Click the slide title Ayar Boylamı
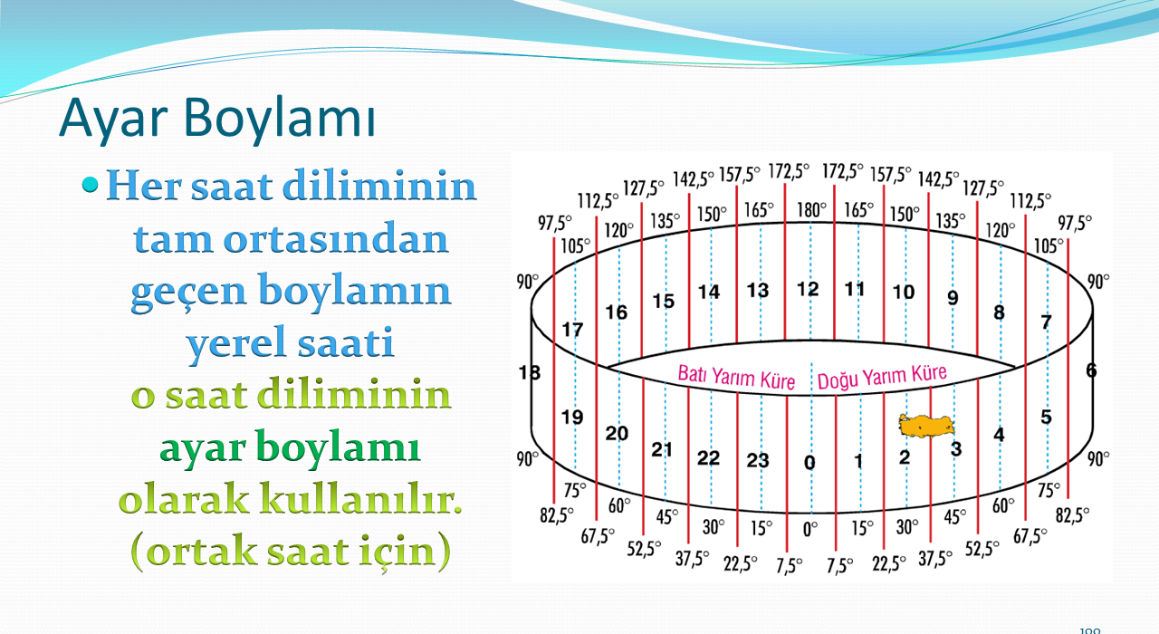[x=217, y=118]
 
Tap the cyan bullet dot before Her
[x=90, y=184]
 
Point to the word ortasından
[x=335, y=238]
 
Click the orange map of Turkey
[x=926, y=427]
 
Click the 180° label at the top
[x=811, y=209]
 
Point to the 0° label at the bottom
[x=810, y=529]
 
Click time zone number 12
[x=808, y=289]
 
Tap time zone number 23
[x=758, y=460]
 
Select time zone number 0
[x=809, y=462]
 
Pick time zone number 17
[x=572, y=330]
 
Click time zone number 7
[x=1046, y=322]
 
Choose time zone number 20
[x=617, y=433]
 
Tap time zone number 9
[x=953, y=298]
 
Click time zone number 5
[x=1046, y=417]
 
